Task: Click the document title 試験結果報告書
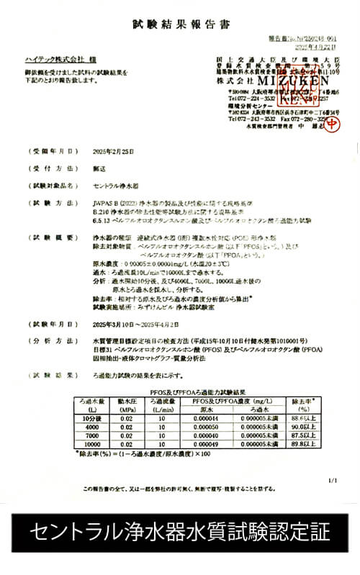[181, 25]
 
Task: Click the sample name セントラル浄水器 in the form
[118, 185]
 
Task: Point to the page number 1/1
[331, 479]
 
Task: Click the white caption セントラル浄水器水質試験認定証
[180, 533]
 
